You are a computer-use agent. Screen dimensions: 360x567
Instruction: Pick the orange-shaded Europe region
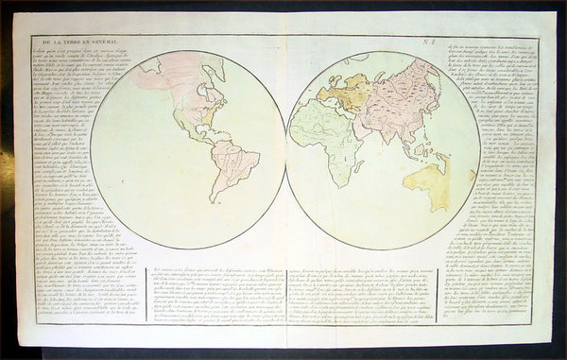356,92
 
